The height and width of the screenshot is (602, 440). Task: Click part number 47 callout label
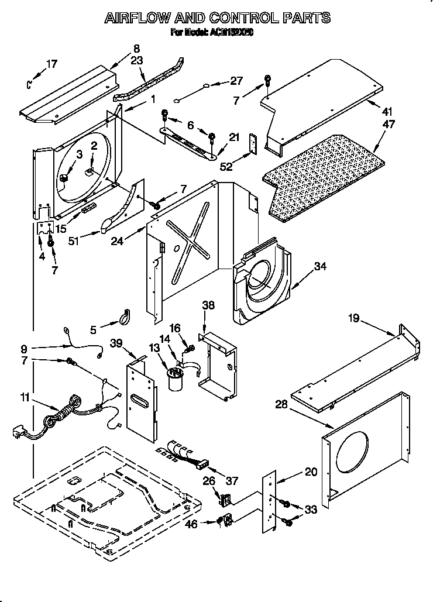(x=388, y=125)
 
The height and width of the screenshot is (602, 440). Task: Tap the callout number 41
(x=387, y=112)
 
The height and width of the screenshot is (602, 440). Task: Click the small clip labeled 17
(x=30, y=84)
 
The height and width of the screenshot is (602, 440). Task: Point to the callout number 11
(x=24, y=398)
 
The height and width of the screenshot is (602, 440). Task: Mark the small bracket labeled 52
(x=253, y=144)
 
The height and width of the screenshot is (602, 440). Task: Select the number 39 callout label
(x=116, y=345)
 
